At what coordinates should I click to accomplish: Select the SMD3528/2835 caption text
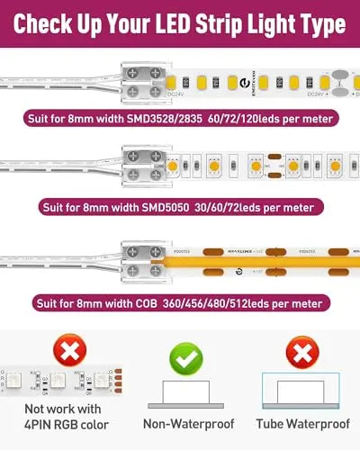(180, 118)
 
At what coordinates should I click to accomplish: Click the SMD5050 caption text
(180, 208)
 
